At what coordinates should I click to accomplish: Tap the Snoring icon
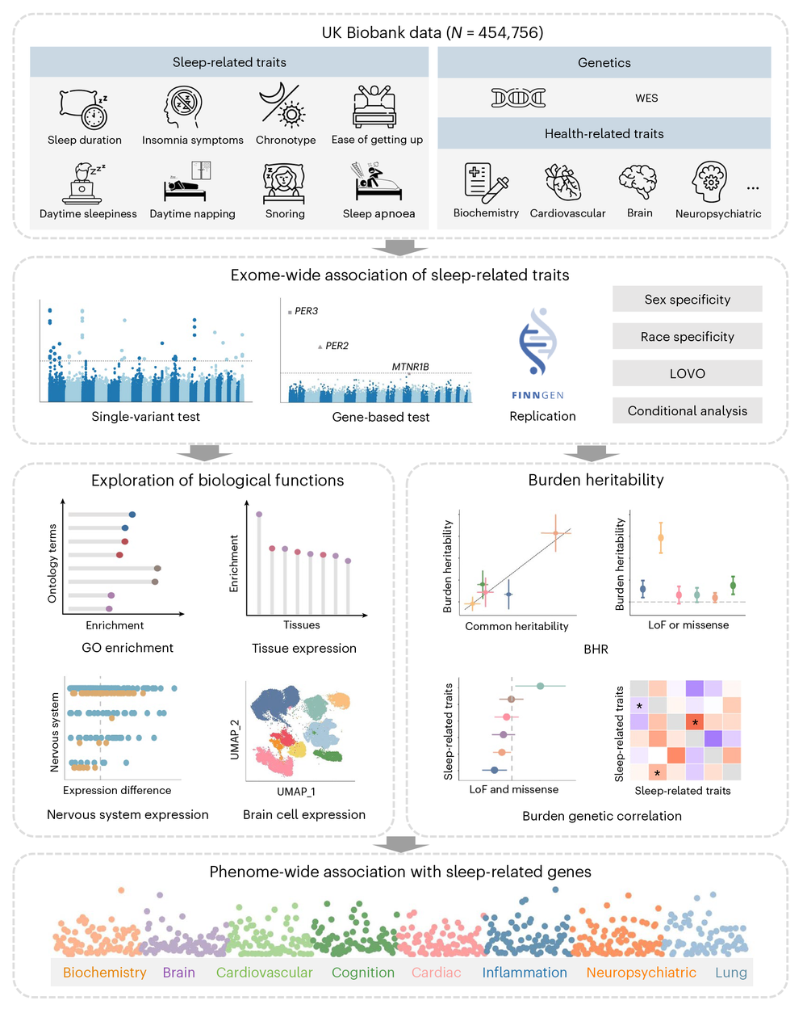(284, 183)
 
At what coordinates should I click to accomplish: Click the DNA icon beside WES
(518, 98)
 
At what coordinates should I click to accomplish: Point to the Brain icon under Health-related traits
(638, 182)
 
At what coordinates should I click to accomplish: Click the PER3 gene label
(306, 311)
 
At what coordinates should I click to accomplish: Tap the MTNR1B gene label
(410, 367)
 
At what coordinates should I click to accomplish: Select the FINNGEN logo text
(537, 395)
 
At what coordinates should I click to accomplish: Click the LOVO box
(687, 373)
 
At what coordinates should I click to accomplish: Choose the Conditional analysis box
(687, 410)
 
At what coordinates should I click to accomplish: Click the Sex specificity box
(687, 299)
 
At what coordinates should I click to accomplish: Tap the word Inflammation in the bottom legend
(525, 973)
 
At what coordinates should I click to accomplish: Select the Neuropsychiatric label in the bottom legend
(641, 973)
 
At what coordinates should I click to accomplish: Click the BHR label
(596, 649)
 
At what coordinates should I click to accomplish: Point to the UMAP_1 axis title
(296, 792)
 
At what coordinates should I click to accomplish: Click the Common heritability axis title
(516, 626)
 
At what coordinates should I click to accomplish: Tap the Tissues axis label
(302, 624)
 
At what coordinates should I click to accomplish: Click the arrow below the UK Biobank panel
(400, 247)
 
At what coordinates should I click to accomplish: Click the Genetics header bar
(604, 62)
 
